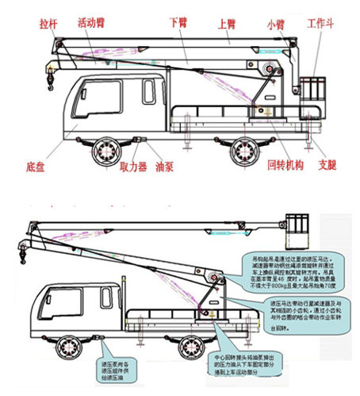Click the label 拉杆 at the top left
(48, 24)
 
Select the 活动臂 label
(93, 24)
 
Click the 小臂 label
(275, 24)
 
